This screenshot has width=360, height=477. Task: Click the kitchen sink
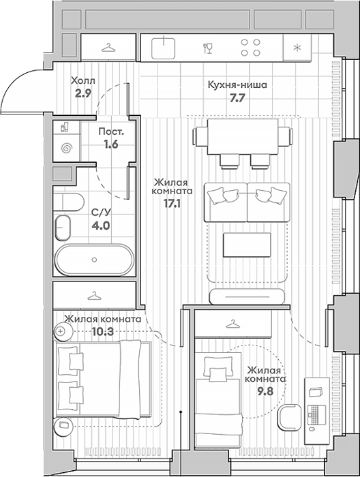[x=164, y=48]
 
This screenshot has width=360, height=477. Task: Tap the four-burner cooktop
[x=251, y=48]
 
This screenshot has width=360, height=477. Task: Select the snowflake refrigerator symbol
[x=297, y=48]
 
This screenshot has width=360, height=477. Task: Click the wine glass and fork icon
[x=208, y=48]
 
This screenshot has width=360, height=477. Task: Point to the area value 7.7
[x=237, y=98]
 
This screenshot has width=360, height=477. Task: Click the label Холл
[x=82, y=81]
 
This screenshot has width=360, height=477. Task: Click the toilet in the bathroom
[x=68, y=202]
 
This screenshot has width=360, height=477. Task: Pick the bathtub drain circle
[x=94, y=260]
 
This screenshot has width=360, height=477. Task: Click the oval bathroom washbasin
[x=63, y=228]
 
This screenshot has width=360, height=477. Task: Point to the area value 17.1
[x=172, y=203]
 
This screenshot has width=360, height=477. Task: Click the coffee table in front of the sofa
[x=247, y=245]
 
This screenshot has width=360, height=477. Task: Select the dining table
[x=243, y=137]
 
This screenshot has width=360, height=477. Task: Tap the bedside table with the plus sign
[x=63, y=331]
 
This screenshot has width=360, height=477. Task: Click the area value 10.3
[x=103, y=332]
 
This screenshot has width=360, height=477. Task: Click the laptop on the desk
[x=317, y=414]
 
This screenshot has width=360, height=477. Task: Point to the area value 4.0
[x=101, y=226]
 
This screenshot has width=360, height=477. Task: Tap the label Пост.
[x=111, y=132]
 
